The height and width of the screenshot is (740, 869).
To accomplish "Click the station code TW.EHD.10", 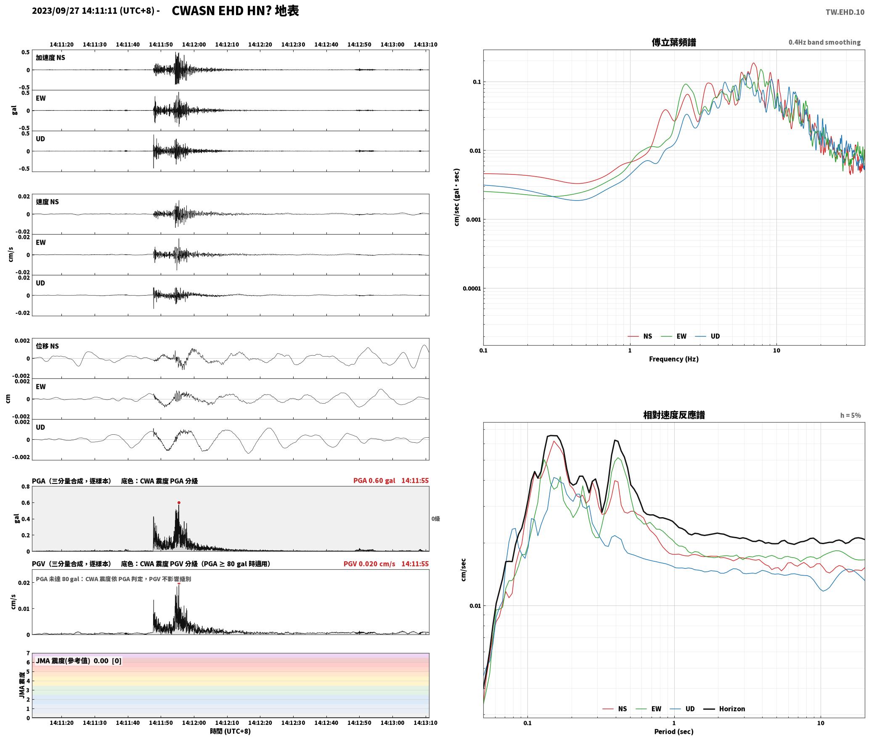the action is [x=845, y=12].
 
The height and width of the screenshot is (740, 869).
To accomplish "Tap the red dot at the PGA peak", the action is [x=179, y=502].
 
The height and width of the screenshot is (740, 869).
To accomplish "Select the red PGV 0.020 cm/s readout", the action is [x=369, y=564].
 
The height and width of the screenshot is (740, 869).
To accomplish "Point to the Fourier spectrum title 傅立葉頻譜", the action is [x=673, y=42].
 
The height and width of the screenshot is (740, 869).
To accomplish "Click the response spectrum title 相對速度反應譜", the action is [x=673, y=415].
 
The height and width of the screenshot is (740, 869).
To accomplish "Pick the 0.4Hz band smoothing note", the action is [x=824, y=42].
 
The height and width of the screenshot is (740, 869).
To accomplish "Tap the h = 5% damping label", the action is [x=850, y=415].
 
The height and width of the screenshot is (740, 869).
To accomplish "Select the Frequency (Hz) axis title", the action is [x=673, y=359].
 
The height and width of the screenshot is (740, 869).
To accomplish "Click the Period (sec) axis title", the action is [x=673, y=732].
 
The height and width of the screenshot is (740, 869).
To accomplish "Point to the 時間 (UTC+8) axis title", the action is [x=230, y=731].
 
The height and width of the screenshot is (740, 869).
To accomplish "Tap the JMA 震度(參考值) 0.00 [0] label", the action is [x=79, y=661].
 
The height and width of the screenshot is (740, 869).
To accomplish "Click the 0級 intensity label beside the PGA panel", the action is [x=435, y=519].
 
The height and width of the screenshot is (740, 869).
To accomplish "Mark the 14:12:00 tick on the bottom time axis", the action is [x=194, y=723].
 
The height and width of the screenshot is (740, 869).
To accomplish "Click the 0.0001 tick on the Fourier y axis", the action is [x=471, y=288].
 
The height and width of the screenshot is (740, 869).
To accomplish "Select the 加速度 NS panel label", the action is [x=50, y=58].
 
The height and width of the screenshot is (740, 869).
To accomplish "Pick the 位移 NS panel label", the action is [x=47, y=346].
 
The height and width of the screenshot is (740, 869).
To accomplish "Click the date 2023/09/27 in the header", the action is [x=56, y=11].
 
